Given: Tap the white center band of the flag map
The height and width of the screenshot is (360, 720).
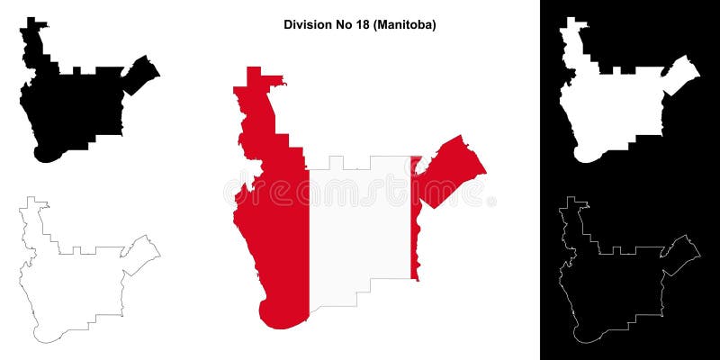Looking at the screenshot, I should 360,225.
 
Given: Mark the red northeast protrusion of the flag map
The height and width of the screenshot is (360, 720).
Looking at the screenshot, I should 450,171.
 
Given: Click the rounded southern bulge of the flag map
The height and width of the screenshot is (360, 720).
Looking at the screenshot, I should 279,315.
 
